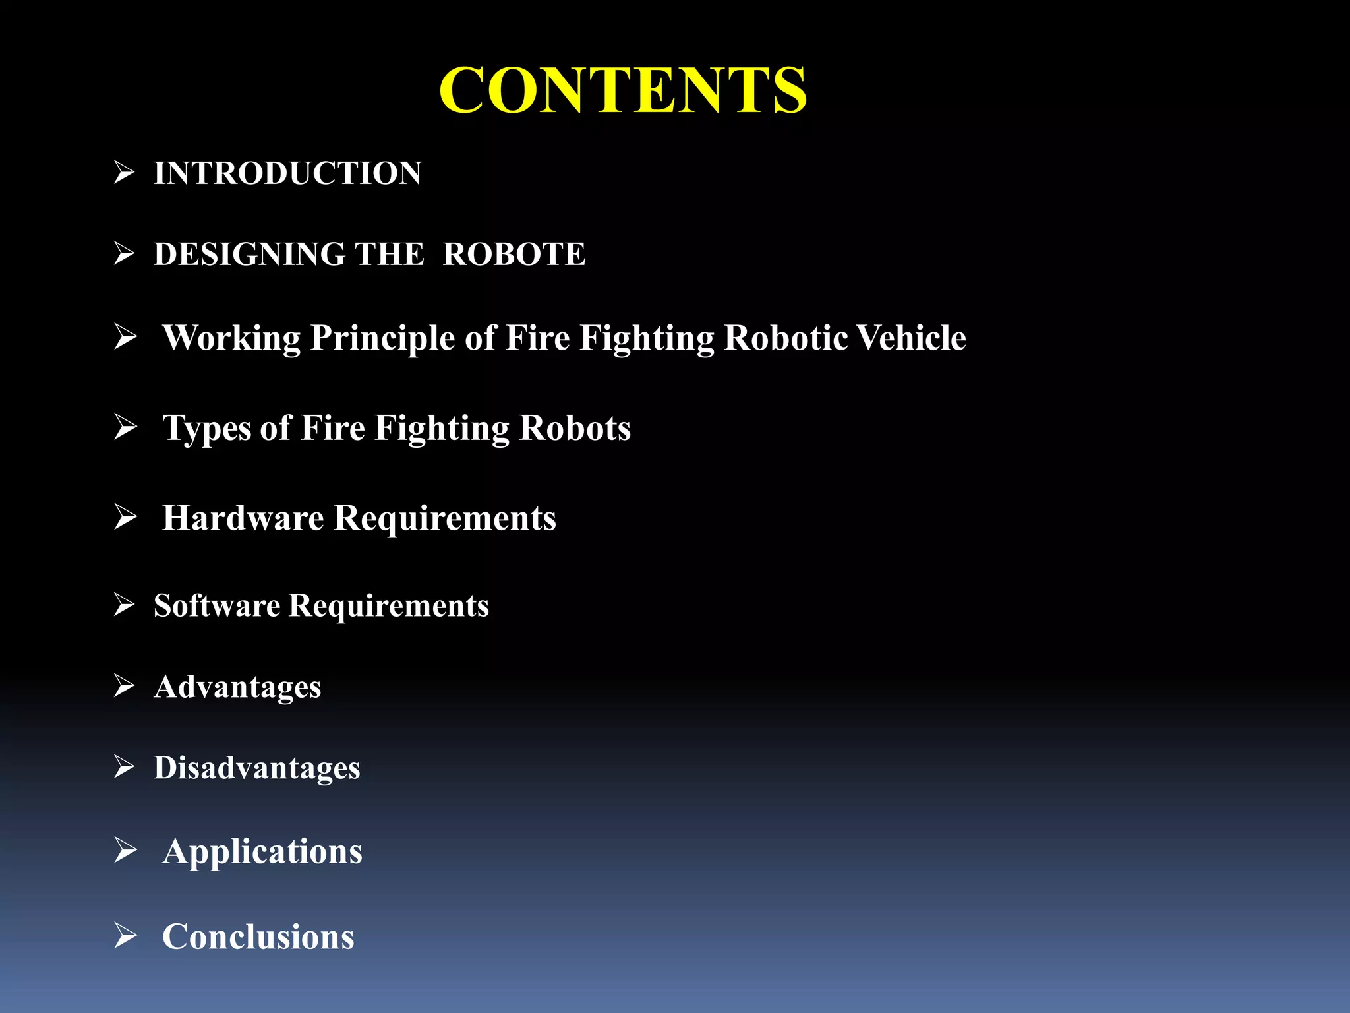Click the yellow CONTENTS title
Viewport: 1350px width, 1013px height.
pyautogui.click(x=623, y=90)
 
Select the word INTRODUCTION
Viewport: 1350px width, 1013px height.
pyautogui.click(x=287, y=173)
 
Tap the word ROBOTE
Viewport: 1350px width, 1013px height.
pyautogui.click(x=514, y=255)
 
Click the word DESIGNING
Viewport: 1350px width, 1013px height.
pyautogui.click(x=250, y=255)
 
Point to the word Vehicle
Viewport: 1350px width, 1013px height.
pyautogui.click(x=912, y=338)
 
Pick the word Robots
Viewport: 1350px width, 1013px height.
pyautogui.click(x=575, y=428)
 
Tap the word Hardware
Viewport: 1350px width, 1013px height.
pyautogui.click(x=243, y=518)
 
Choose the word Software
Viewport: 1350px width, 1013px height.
pyautogui.click(x=217, y=605)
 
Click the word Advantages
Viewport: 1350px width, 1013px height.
pyautogui.click(x=237, y=687)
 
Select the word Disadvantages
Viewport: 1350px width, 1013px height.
pyautogui.click(x=257, y=768)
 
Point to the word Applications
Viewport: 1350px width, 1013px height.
pyautogui.click(x=262, y=852)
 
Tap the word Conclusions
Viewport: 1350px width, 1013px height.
pyautogui.click(x=258, y=936)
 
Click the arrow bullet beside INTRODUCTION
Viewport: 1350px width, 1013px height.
pyautogui.click(x=124, y=173)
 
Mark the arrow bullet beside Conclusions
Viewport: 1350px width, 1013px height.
pyautogui.click(x=125, y=935)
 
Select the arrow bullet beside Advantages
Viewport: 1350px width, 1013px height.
pyautogui.click(x=124, y=686)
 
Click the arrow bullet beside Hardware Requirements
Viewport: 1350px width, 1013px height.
pyautogui.click(x=125, y=516)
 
